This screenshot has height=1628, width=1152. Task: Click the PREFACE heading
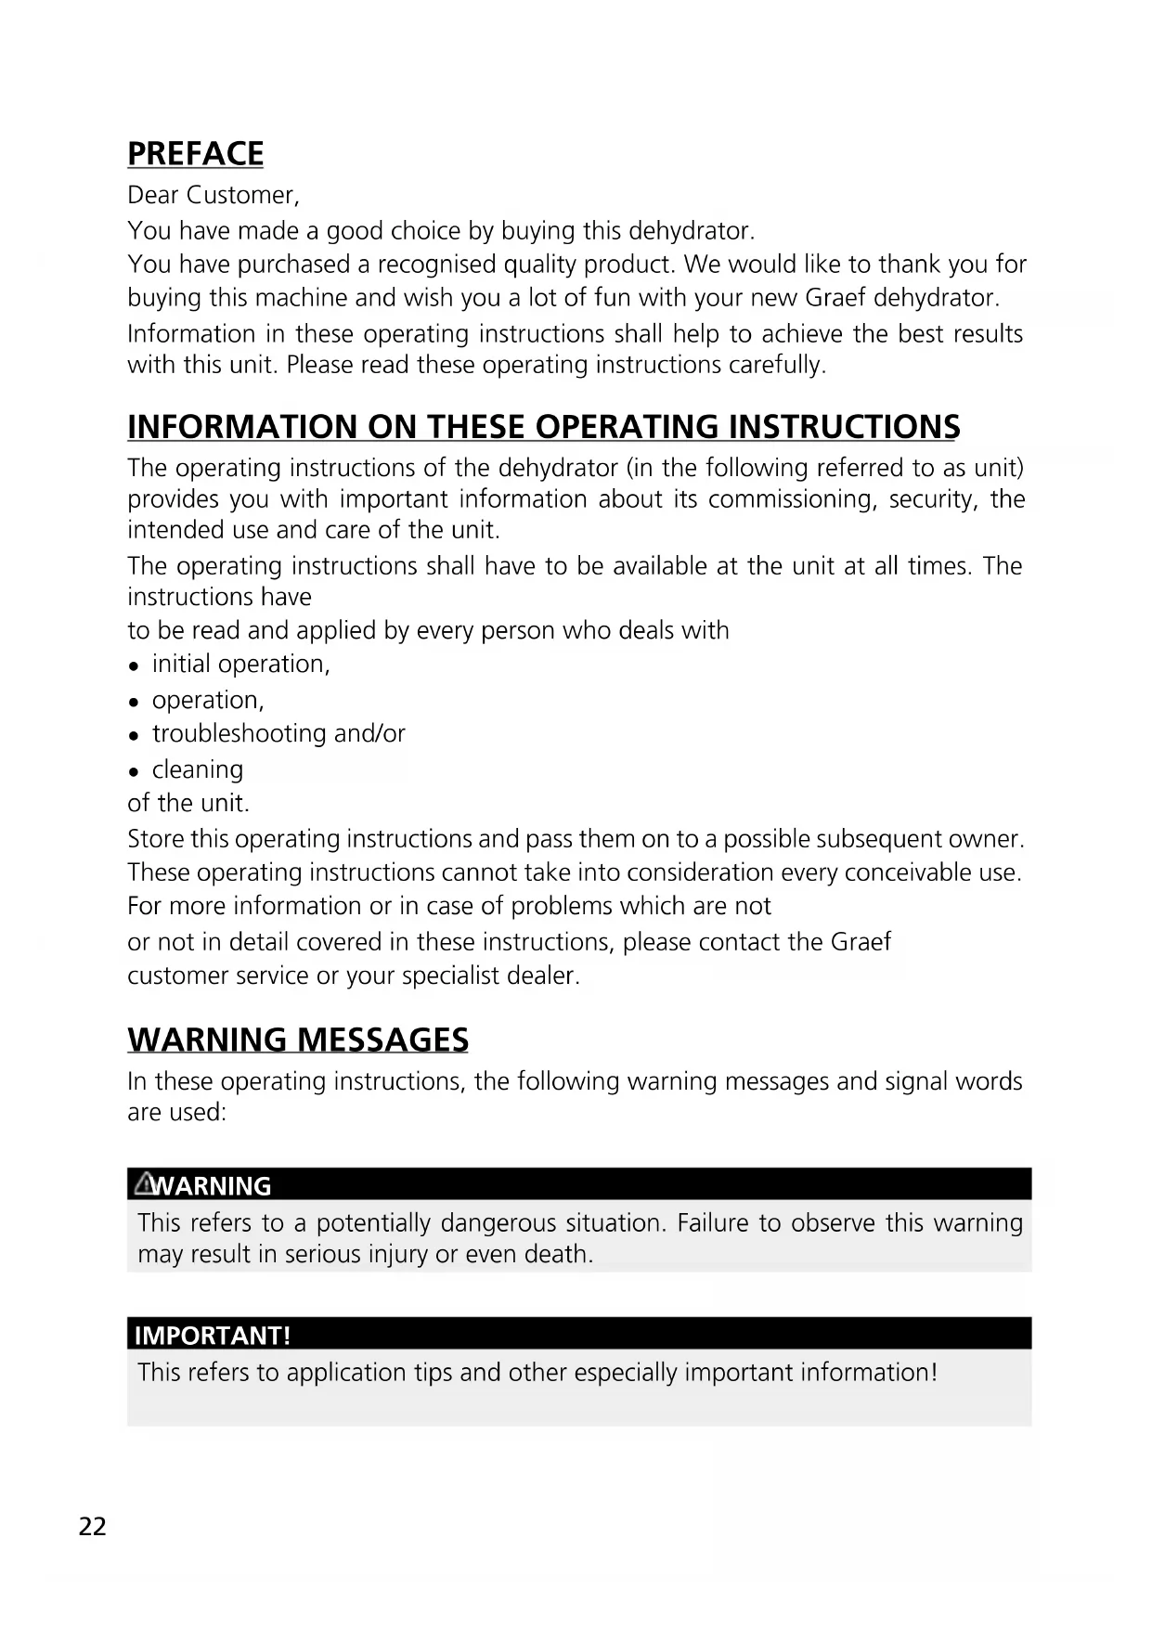tap(195, 153)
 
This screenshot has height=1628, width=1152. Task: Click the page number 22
tap(93, 1527)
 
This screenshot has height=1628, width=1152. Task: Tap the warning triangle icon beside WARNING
tap(144, 1183)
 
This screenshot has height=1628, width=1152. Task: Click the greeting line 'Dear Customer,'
tap(213, 195)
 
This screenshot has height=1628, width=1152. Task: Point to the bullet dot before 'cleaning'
tap(135, 771)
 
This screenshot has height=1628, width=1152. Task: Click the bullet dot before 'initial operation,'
tap(135, 665)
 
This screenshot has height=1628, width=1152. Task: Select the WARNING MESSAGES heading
tap(297, 1040)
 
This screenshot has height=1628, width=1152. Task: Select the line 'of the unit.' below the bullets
tap(188, 803)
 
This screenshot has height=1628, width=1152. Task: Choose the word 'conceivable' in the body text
tap(902, 872)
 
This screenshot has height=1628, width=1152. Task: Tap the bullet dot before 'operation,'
tap(135, 702)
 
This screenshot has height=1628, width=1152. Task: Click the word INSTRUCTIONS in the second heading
tap(844, 427)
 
